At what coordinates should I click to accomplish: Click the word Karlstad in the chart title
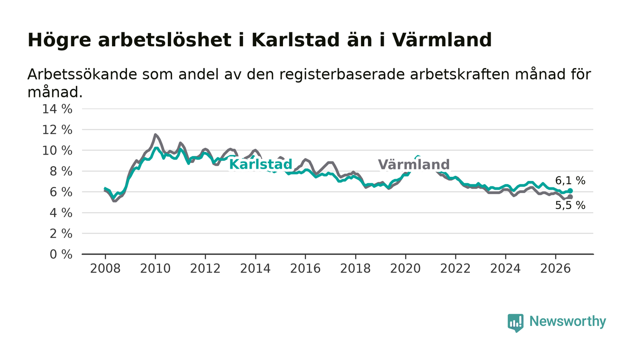pos(295,40)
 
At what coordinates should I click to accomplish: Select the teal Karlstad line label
pos(260,165)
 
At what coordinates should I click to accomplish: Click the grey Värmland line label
pos(414,165)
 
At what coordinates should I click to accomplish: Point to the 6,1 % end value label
pos(570,180)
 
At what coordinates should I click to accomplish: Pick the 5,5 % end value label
pos(570,205)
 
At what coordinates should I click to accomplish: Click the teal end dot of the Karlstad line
pos(571,191)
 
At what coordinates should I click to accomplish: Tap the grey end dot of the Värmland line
pos(571,197)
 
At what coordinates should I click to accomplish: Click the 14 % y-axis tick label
pos(57,109)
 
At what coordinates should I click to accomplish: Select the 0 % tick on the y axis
pos(61,254)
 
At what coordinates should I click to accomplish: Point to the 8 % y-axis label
pos(61,171)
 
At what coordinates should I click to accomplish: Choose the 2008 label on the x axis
pos(105,268)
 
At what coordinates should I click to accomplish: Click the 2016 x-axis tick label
pos(305,268)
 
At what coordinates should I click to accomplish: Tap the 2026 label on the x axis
pos(555,268)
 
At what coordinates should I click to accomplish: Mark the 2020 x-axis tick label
pos(405,268)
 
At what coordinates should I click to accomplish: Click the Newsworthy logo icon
pos(516,322)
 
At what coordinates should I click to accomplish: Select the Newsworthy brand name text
pos(567,321)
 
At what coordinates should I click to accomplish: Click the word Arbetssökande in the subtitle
pos(82,74)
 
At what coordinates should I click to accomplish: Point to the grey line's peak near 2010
pos(155,135)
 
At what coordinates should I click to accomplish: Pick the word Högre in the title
pos(59,40)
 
